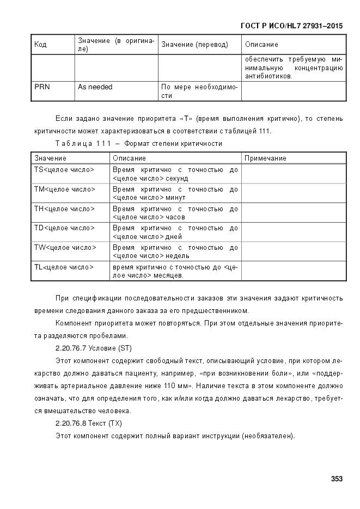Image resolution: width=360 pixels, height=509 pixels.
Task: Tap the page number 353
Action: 337,479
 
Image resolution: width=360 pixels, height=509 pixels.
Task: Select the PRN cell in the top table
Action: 42,87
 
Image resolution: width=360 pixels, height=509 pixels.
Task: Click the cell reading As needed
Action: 95,87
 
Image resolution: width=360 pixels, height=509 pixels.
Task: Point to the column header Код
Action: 40,45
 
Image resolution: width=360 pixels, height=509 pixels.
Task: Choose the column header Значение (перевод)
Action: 194,45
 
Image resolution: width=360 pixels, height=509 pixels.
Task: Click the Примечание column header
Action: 265,158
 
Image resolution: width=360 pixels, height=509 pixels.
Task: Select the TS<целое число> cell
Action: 64,170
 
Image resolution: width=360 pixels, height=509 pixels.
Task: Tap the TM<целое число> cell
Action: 64,189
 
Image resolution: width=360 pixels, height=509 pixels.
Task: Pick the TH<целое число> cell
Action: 64,209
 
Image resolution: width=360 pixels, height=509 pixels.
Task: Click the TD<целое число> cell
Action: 64,228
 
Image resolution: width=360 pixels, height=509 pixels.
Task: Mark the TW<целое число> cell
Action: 65,248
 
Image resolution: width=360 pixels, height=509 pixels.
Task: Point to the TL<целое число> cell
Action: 64,267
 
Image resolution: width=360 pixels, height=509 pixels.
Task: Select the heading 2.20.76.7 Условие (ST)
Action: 93,348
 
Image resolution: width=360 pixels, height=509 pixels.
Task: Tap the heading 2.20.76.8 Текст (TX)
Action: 89,423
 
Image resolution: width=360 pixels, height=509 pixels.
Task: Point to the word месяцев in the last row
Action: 167,275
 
